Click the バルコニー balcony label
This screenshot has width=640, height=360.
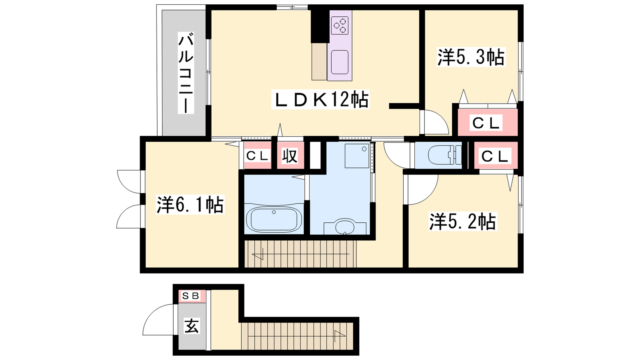tap(186, 73)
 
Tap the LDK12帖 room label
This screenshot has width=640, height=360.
tap(320, 99)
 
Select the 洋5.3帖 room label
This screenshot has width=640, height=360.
tap(471, 57)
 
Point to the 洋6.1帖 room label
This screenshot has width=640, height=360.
tap(190, 204)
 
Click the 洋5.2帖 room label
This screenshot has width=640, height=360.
tap(462, 221)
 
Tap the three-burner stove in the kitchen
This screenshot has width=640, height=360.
tap(340, 26)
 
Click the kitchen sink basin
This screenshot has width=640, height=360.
tap(340, 62)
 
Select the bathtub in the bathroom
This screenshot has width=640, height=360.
tap(274, 219)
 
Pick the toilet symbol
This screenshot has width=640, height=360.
tap(444, 155)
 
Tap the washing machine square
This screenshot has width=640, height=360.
tap(357, 156)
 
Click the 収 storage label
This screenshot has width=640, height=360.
tap(290, 156)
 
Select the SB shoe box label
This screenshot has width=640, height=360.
tap(191, 296)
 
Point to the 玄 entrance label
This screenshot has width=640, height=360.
tap(192, 326)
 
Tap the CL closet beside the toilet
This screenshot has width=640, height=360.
tap(495, 156)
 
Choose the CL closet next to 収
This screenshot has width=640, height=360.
tap(257, 156)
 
